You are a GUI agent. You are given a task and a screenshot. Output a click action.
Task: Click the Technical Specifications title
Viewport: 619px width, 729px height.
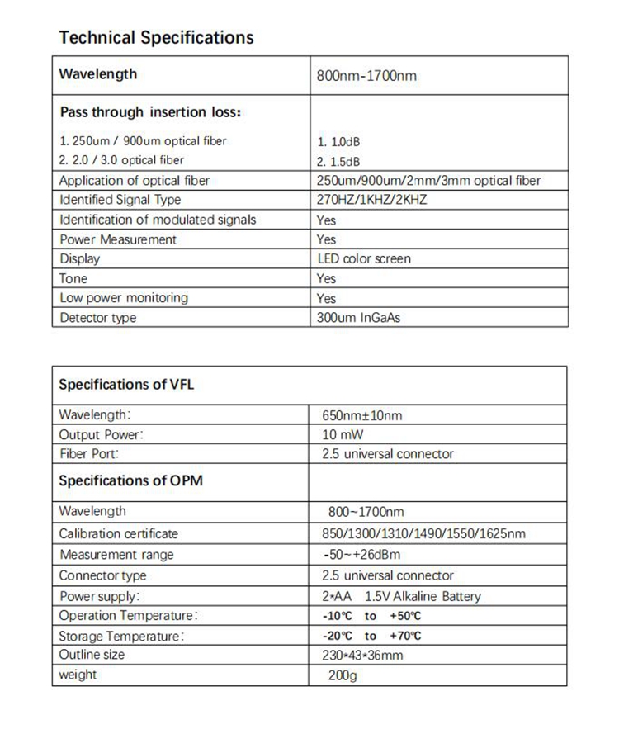coord(157,37)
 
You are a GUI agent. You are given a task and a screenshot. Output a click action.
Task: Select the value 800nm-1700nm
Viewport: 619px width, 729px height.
coord(366,77)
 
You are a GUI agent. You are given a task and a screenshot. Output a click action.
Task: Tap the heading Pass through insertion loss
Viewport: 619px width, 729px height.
coord(150,112)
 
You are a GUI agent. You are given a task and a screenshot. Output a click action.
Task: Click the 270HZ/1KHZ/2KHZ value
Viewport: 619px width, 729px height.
coord(371,200)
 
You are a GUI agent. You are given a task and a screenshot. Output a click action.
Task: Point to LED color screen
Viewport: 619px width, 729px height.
coord(364,259)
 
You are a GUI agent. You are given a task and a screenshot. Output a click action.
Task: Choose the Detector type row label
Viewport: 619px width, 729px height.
coord(98,318)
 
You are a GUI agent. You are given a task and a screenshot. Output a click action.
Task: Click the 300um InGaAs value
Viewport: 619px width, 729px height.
coord(358,318)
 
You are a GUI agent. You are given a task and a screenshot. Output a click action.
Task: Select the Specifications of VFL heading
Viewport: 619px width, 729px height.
coord(126,385)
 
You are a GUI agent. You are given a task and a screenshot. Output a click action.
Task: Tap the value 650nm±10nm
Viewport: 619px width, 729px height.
coord(361,415)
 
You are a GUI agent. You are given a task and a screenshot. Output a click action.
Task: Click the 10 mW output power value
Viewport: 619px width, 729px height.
coord(343,434)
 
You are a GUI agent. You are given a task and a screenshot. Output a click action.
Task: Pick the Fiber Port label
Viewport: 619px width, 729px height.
coord(89,453)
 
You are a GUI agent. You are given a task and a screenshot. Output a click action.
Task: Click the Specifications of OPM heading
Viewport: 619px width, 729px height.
coord(130,481)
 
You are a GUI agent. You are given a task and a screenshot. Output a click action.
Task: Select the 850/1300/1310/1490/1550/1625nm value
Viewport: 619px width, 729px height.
coord(423,534)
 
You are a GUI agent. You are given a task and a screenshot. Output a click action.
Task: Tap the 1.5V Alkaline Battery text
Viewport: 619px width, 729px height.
coord(422,596)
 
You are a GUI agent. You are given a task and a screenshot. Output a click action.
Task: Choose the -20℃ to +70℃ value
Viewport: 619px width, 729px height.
coord(371,636)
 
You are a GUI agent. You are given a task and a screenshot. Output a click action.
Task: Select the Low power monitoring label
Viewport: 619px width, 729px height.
coord(124,298)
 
